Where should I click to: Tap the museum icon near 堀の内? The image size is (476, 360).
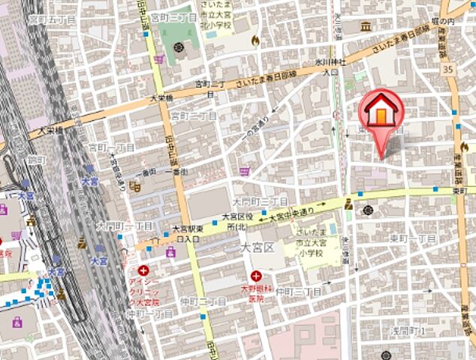click(366, 27)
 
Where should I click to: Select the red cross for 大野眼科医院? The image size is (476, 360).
click(256, 277)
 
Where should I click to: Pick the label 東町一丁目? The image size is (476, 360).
click(414, 238)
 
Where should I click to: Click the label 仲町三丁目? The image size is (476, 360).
click(298, 291)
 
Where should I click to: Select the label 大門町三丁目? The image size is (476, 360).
click(260, 202)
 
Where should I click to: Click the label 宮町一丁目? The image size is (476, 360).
click(110, 147)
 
